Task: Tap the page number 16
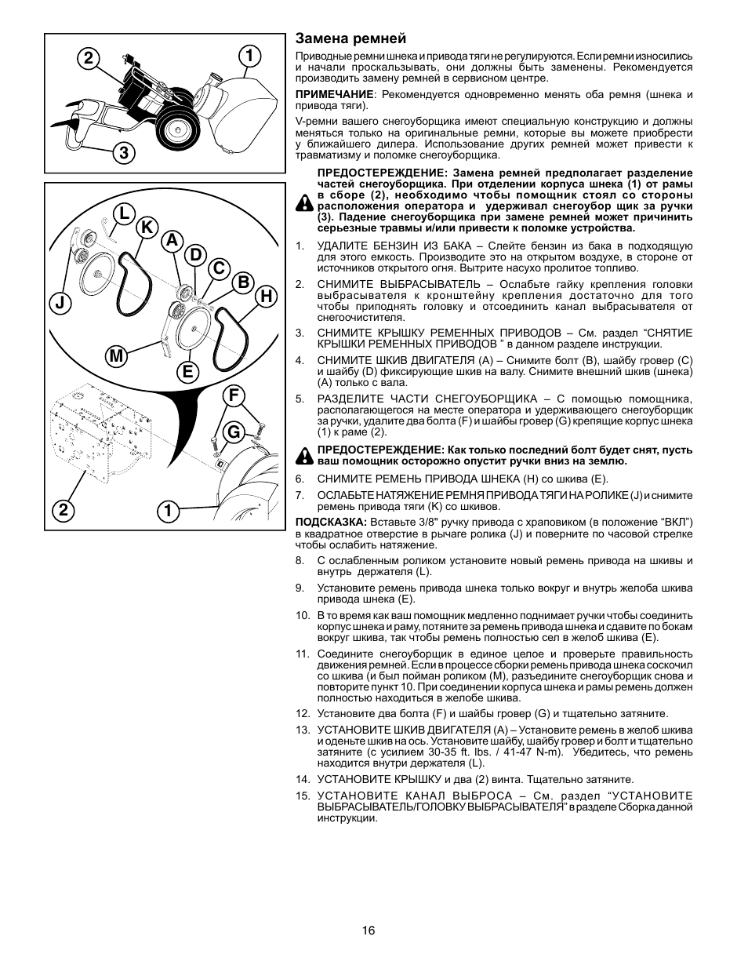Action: pyautogui.click(x=369, y=931)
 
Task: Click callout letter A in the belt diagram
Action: pyautogui.click(x=172, y=241)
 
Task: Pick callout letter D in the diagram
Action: pyautogui.click(x=195, y=255)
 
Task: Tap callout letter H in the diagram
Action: pyautogui.click(x=267, y=296)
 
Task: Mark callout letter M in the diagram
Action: pyautogui.click(x=116, y=357)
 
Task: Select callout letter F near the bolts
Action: pyautogui.click(x=232, y=397)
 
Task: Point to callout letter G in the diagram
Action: pyautogui.click(x=232, y=432)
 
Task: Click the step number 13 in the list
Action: pyautogui.click(x=303, y=730)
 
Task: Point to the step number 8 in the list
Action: pyautogui.click(x=300, y=561)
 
